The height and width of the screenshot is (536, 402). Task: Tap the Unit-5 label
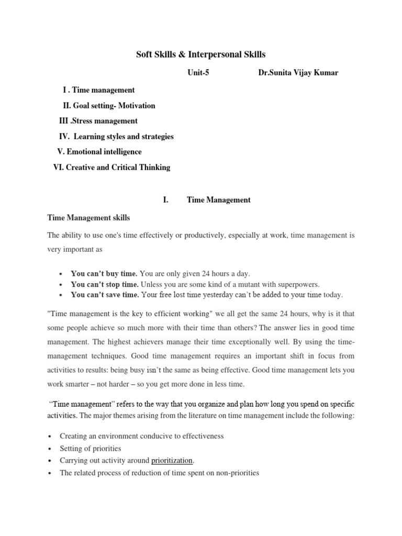198,73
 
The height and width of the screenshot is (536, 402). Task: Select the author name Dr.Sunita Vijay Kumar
298,73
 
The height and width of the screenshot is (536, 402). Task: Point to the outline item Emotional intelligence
99,152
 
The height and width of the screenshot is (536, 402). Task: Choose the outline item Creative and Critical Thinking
112,167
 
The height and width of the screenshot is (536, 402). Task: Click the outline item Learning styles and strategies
116,137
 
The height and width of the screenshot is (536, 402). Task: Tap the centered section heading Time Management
219,200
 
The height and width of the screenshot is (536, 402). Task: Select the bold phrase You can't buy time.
104,274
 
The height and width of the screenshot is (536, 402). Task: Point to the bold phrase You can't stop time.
105,284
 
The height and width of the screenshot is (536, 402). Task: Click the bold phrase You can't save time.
105,295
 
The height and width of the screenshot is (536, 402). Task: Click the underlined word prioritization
172,461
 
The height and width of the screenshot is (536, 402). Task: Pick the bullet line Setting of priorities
90,449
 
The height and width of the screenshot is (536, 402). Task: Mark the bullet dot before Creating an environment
49,437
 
